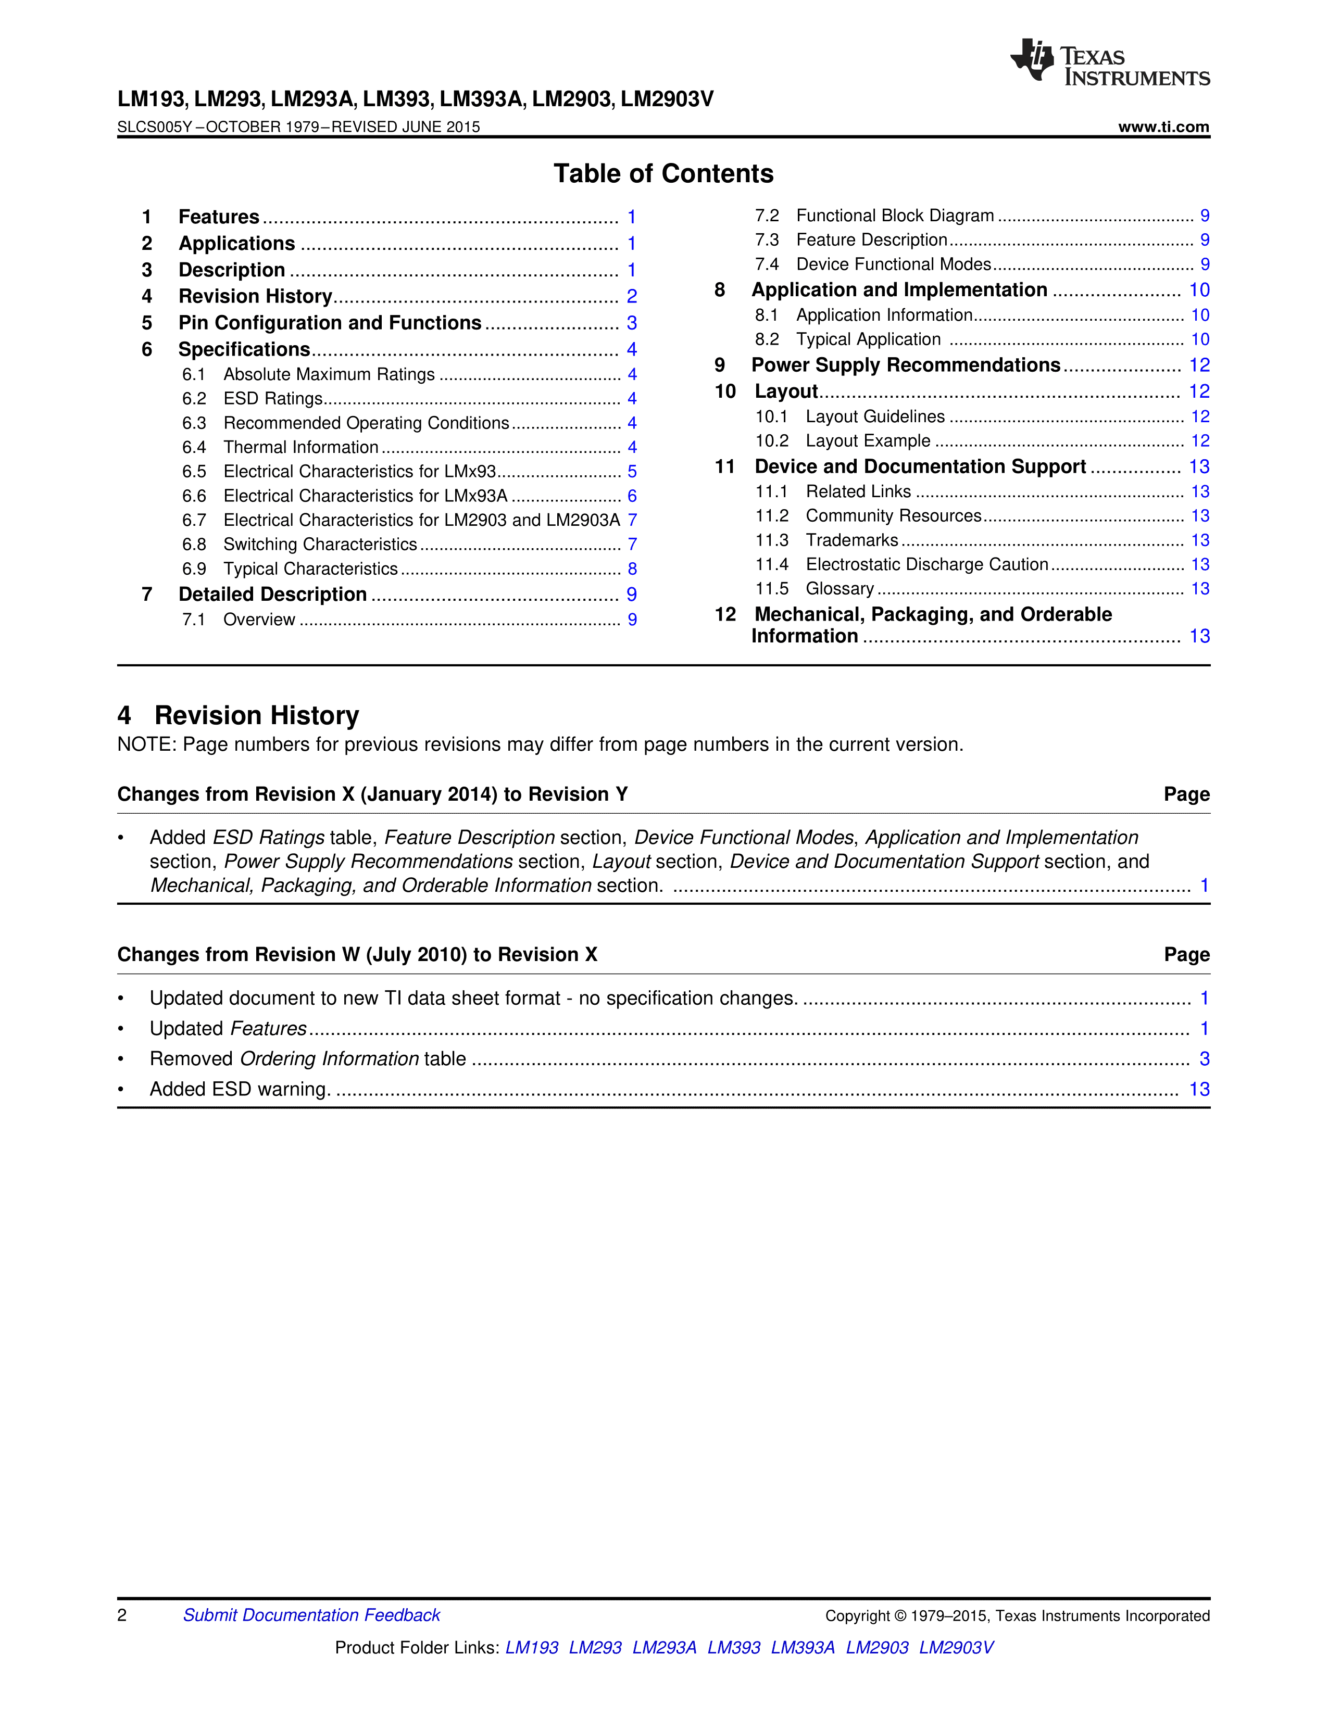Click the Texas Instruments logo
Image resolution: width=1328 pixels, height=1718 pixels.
(x=1109, y=62)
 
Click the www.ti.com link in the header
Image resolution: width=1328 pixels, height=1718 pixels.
(x=1163, y=127)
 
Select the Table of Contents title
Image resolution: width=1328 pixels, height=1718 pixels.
(x=663, y=174)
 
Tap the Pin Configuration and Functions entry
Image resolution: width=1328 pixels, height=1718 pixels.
(x=330, y=323)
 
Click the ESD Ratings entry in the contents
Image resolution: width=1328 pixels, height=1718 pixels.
(x=273, y=399)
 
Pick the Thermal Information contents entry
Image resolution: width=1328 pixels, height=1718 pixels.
(x=300, y=448)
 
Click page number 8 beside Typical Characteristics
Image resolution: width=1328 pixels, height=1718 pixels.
(x=632, y=569)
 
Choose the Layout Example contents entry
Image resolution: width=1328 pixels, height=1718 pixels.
(x=868, y=441)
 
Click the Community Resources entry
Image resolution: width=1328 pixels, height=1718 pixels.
(x=893, y=516)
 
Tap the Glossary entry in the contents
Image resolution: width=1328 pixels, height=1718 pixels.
(x=840, y=589)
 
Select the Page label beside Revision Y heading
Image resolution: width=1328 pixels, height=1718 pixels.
(x=1186, y=794)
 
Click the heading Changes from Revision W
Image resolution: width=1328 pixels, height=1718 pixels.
(x=357, y=955)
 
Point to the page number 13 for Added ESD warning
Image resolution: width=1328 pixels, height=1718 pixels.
(x=1199, y=1090)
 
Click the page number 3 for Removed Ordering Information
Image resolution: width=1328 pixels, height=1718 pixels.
(x=1204, y=1059)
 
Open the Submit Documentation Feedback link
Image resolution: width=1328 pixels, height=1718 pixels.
(x=311, y=1615)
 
